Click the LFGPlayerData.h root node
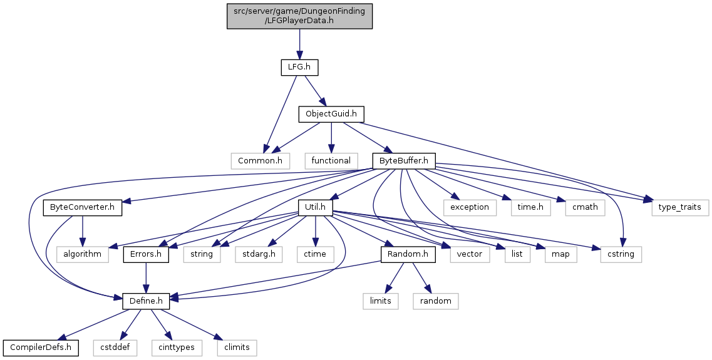point(299,15)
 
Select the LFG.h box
point(299,66)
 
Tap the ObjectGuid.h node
point(331,114)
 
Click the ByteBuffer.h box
point(404,161)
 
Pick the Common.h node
point(260,161)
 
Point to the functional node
point(331,161)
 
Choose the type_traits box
point(680,207)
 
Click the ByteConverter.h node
point(82,207)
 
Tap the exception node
point(470,207)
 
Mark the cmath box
point(584,207)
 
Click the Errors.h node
point(146,254)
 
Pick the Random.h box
point(408,254)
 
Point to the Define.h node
point(146,301)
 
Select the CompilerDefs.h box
point(41,347)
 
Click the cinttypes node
point(177,347)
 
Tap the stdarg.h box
point(259,254)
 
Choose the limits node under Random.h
point(380,301)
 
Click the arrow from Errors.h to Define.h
point(146,277)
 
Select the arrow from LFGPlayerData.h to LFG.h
point(299,43)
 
